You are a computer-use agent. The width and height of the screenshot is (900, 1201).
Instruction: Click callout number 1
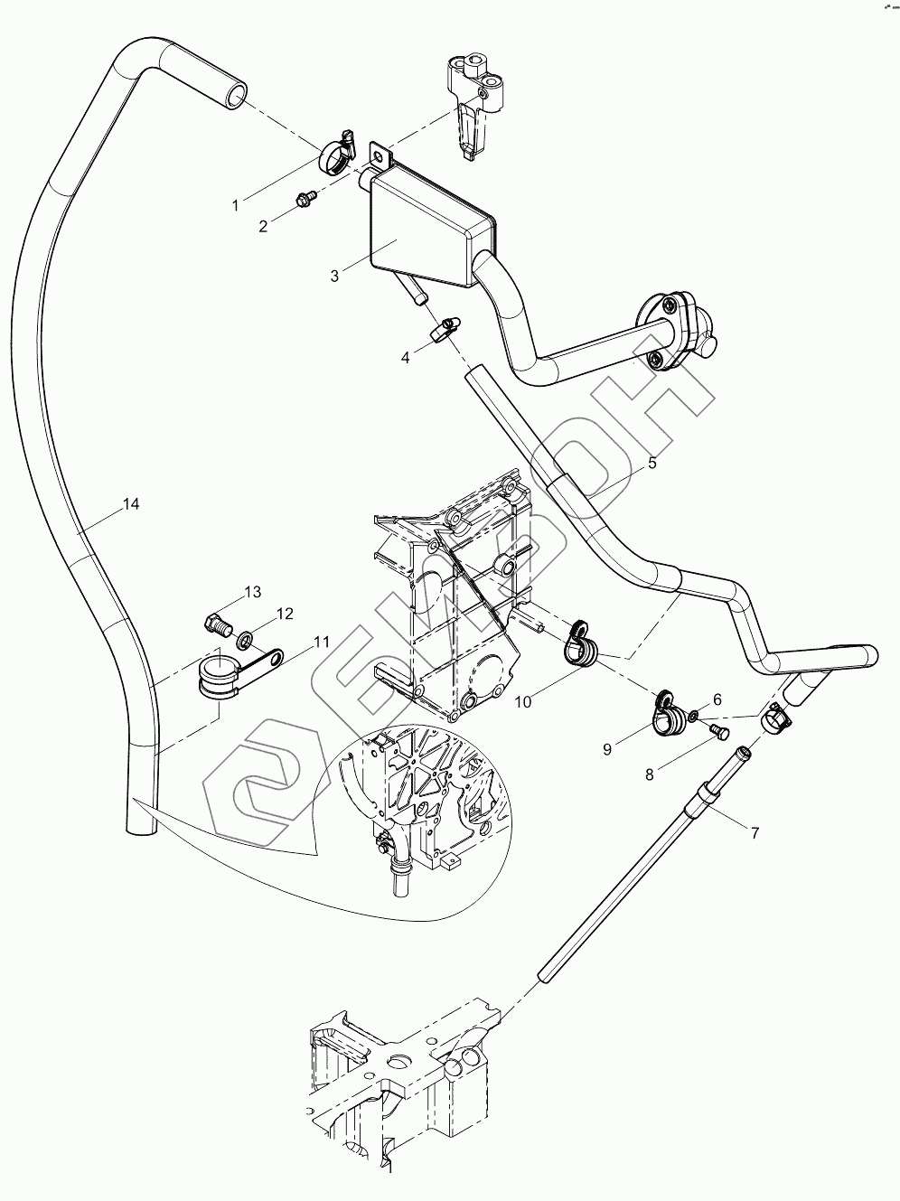pos(236,205)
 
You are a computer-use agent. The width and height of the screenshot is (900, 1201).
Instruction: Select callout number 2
pos(264,227)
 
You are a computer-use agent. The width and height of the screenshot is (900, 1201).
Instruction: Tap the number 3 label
pos(334,276)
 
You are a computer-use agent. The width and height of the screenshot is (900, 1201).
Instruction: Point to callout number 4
pos(406,358)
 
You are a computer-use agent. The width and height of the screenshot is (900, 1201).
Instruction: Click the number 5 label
pos(652,464)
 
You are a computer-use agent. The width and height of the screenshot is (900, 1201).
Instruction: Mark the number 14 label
pos(131,504)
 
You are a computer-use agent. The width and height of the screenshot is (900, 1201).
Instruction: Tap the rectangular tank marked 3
pos(425,226)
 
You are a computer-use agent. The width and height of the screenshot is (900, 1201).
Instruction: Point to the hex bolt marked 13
pos(217,623)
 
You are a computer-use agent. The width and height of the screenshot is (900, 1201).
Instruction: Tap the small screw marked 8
pos(719,733)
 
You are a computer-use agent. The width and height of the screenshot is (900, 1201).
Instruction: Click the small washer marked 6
pos(692,717)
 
